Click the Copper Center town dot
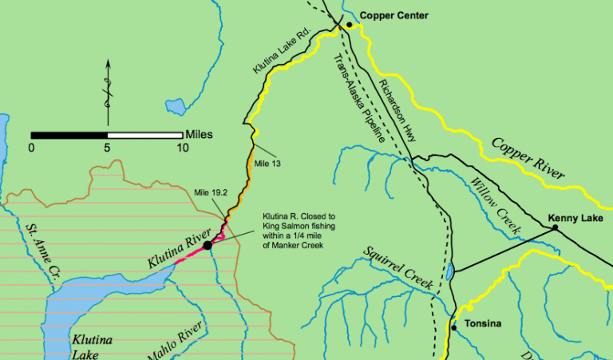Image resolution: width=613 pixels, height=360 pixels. [x=349, y=25]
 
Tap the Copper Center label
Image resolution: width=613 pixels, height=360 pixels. [x=394, y=15]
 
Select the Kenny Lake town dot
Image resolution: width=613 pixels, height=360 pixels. [x=555, y=227]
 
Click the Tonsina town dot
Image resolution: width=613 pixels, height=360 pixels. [x=453, y=327]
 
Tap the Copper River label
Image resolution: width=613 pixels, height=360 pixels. [x=528, y=158]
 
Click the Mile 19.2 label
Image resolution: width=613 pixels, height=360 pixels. [x=211, y=192]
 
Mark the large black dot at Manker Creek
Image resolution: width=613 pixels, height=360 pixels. [x=208, y=245]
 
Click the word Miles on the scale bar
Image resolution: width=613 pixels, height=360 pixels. [x=198, y=134]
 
